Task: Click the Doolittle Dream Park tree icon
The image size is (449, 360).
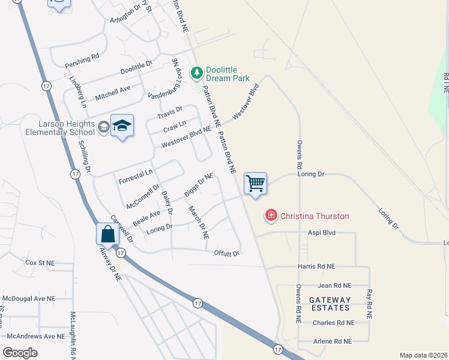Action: pos(196,73)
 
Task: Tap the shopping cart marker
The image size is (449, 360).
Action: pos(256,184)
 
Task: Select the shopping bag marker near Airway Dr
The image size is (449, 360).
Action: pos(107,233)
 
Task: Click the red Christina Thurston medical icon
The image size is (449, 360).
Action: pos(271,215)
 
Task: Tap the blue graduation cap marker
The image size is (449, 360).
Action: pos(122,125)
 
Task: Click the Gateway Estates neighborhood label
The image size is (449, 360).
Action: pos(330,304)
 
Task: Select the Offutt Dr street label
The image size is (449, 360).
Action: pos(227,253)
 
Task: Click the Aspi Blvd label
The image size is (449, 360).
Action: pos(321,232)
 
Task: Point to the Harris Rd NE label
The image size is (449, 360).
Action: pos(316,266)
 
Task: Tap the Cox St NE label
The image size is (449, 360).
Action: pos(40,263)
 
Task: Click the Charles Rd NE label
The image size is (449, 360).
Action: pos(333,322)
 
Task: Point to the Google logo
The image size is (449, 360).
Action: pos(20,352)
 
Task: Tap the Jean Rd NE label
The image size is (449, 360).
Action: pos(334,286)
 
